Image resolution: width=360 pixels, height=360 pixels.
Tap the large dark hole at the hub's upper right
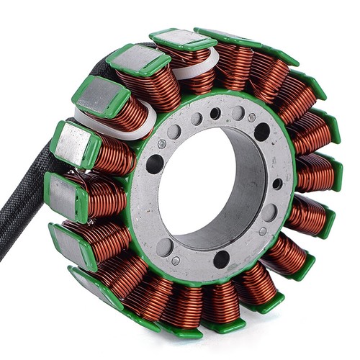(x=261, y=131)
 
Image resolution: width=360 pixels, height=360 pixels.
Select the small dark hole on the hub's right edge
(x=277, y=184)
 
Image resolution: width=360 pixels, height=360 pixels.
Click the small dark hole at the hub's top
(x=215, y=114)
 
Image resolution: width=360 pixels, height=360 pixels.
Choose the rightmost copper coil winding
(x=317, y=173)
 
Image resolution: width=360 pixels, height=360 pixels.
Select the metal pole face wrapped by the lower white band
(x=101, y=94)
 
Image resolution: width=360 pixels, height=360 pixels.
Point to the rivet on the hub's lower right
(x=263, y=231)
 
